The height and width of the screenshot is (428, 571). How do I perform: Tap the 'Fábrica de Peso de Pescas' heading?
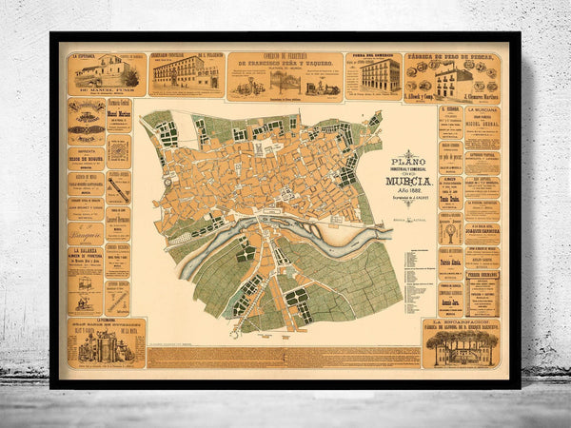466,58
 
